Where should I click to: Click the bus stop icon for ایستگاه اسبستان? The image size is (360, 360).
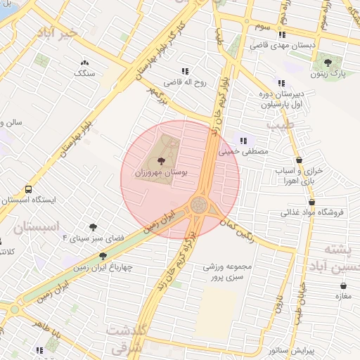pyautogui.click(x=29, y=189)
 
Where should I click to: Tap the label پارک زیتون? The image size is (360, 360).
pyautogui.click(x=330, y=72)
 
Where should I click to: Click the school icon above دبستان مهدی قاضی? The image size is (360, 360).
pyautogui.click(x=282, y=34)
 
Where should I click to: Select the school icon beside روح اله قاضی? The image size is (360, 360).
pyautogui.click(x=186, y=71)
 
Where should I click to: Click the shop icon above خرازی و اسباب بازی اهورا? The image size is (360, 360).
pyautogui.click(x=300, y=160)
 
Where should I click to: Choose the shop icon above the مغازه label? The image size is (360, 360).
pyautogui.click(x=343, y=285)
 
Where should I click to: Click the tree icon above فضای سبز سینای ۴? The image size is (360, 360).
pyautogui.click(x=92, y=227)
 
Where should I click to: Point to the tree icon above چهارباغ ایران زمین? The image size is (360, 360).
pyautogui.click(x=103, y=257)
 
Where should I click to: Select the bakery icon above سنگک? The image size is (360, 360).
pyautogui.click(x=85, y=63)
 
